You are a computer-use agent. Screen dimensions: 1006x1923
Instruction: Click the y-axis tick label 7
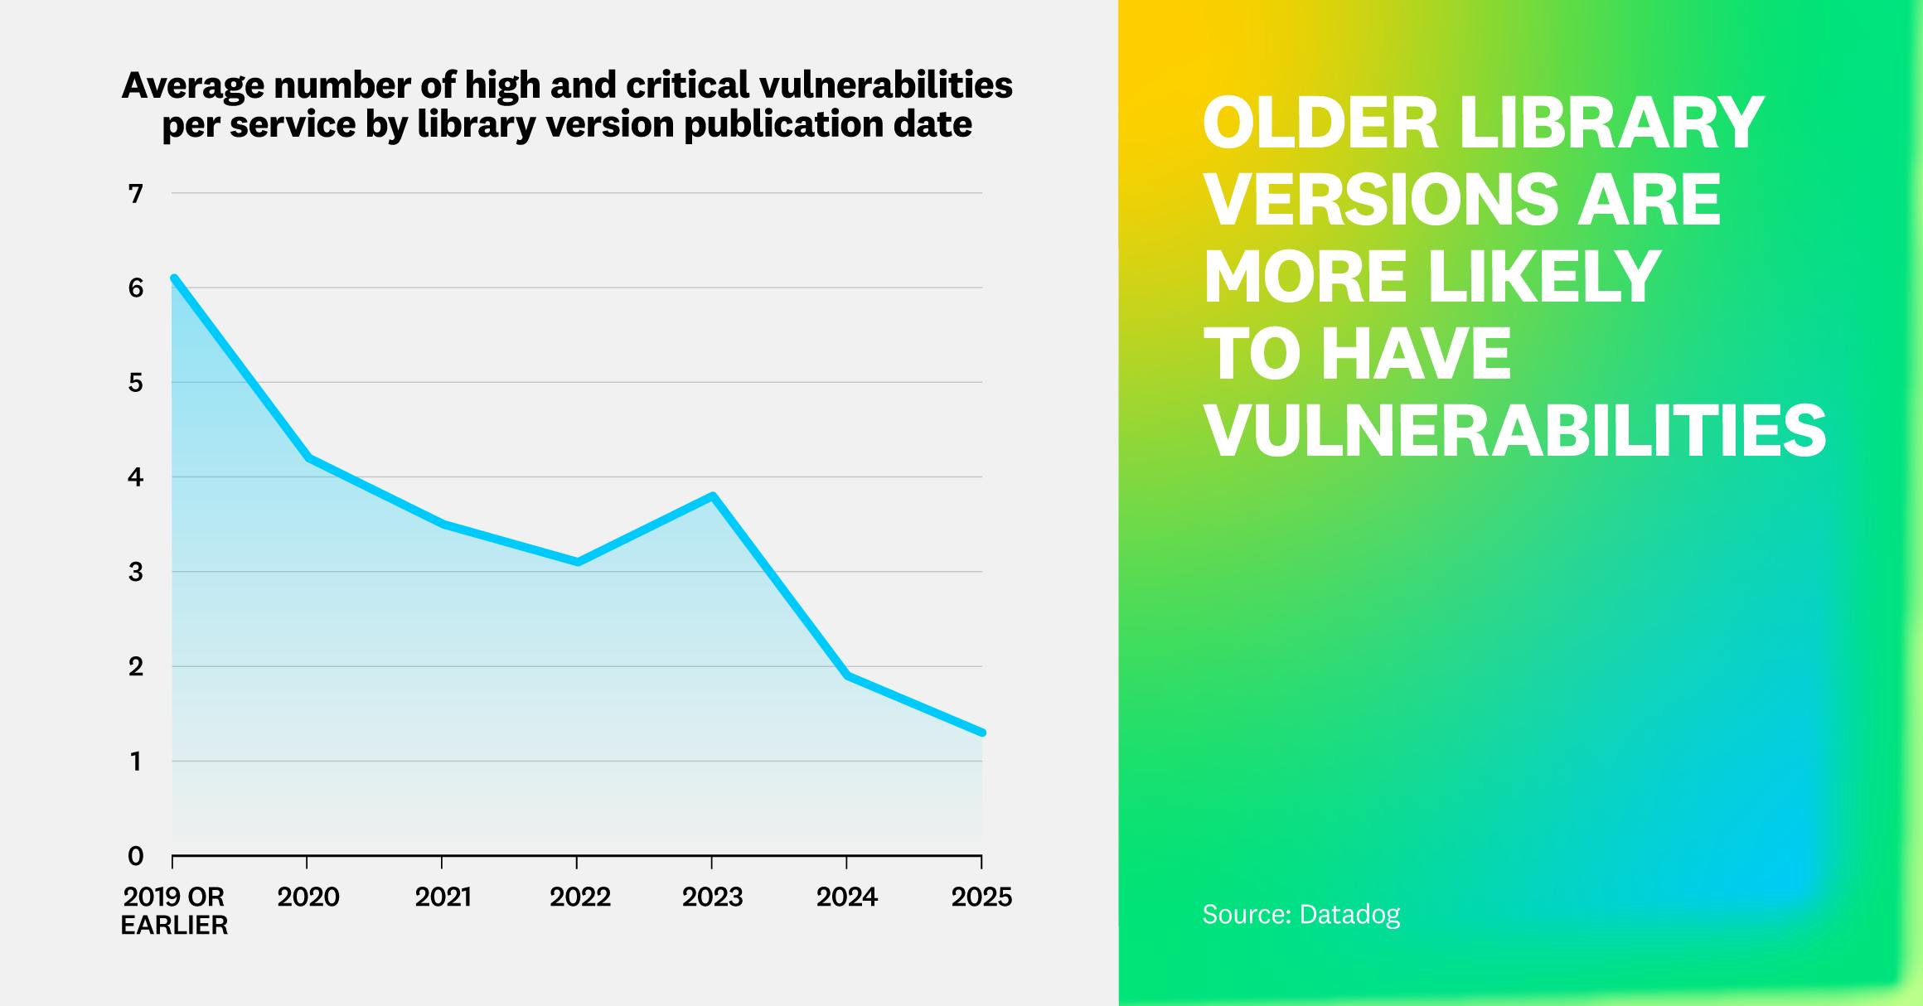point(136,194)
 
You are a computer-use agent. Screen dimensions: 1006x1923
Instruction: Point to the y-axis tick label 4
point(136,477)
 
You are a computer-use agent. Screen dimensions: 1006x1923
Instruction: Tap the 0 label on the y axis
point(136,856)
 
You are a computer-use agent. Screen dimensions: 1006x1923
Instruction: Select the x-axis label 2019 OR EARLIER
point(174,910)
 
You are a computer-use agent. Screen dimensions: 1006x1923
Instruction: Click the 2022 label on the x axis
point(579,897)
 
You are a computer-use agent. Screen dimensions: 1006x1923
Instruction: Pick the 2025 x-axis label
point(981,897)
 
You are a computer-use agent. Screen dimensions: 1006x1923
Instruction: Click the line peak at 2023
point(712,496)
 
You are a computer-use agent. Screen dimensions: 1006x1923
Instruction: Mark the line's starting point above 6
point(174,278)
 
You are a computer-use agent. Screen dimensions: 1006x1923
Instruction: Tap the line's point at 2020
point(308,457)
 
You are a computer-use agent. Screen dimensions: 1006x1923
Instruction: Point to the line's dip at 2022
point(577,563)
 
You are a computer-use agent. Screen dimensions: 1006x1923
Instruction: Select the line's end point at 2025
point(982,733)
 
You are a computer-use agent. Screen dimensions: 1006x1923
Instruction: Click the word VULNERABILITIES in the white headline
point(1514,431)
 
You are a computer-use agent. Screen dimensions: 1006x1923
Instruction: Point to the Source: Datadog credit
point(1301,914)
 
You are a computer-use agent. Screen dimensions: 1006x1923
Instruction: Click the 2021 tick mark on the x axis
point(442,863)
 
